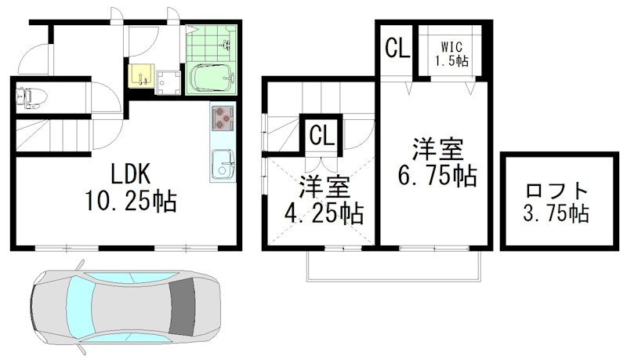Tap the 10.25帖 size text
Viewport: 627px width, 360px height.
pos(130,202)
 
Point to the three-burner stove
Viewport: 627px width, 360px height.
pos(223,118)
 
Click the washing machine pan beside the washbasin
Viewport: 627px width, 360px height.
pos(168,80)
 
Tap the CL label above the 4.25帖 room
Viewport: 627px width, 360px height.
pos(322,135)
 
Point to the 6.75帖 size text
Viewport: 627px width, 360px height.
pos(437,176)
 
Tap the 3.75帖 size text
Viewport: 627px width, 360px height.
pos(557,213)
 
